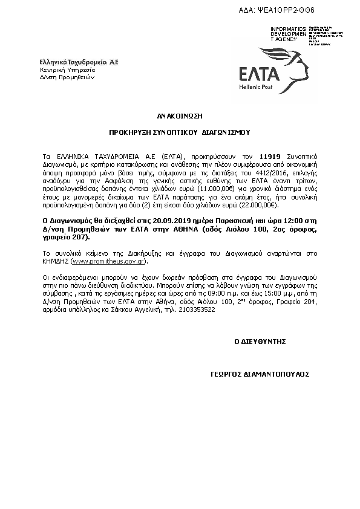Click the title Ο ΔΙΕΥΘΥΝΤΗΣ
(260, 341)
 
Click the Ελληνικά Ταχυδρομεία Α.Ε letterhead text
(79, 62)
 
